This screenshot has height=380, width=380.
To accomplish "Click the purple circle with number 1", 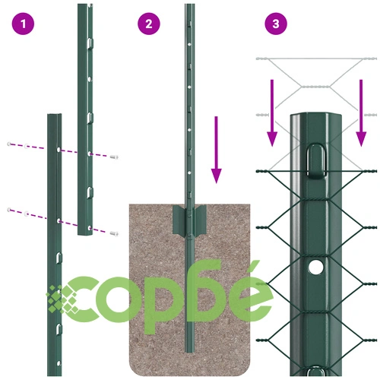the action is click(23, 24).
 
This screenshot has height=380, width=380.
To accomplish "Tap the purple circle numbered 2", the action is click(149, 24).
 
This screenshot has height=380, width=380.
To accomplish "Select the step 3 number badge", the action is click(276, 24).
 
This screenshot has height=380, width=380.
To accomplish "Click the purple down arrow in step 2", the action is click(216, 150).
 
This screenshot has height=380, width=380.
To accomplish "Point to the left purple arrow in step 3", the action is click(272, 113).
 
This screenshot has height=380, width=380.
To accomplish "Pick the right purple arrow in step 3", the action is click(361, 113).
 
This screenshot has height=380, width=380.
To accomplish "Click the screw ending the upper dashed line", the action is click(114, 157).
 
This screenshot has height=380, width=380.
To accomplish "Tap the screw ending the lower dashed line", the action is click(114, 233).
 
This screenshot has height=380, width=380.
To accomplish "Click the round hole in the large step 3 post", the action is click(315, 268).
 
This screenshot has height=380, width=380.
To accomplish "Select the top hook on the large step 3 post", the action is click(316, 160).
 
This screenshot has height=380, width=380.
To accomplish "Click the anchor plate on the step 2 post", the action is click(189, 220).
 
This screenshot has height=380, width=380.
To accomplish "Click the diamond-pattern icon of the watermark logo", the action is click(62, 299).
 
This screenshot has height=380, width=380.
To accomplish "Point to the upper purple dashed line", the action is click(62, 150).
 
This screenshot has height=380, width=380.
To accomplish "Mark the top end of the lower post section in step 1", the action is click(55, 115).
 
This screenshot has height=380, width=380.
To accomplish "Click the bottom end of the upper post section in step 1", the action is click(85, 234).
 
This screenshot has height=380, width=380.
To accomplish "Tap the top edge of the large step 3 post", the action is click(316, 114).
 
